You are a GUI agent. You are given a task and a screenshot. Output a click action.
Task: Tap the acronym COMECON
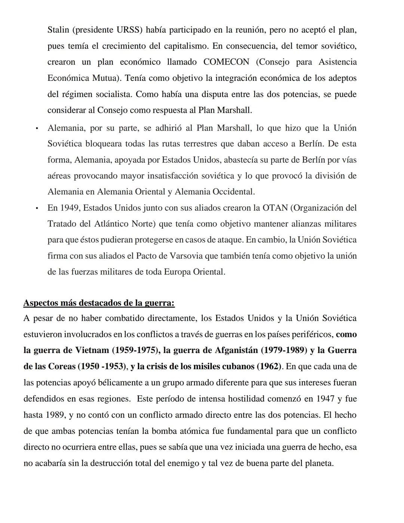[x=226, y=62]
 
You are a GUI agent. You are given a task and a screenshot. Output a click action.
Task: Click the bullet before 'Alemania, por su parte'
[x=37, y=128]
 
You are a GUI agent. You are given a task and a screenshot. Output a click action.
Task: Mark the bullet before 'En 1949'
[x=37, y=208]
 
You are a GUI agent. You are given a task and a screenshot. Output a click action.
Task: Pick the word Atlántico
[x=111, y=224]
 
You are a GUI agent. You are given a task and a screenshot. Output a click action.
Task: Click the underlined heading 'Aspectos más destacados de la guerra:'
[x=99, y=302]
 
